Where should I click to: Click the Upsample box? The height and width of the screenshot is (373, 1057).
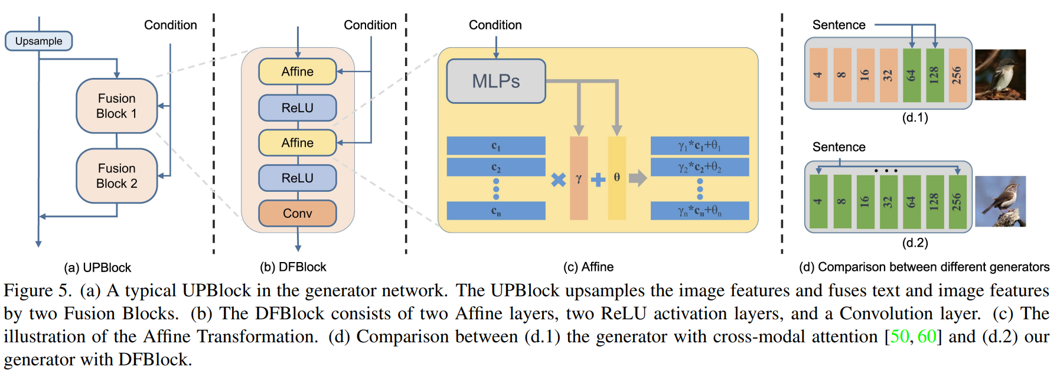38,41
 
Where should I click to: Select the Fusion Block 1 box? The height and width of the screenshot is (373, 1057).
117,106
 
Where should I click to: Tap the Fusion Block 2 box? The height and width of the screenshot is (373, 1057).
117,176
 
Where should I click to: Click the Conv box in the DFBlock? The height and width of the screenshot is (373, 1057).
298,213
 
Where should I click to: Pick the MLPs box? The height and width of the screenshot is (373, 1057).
496,81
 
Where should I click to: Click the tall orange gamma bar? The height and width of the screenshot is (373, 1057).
579,178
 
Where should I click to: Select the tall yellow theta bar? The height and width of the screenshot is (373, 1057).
617,178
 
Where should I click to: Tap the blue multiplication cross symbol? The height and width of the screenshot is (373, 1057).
558,179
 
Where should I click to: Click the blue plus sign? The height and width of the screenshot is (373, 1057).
598,179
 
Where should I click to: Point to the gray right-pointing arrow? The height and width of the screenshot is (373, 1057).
638,178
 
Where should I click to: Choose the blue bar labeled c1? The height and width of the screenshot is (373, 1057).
496,146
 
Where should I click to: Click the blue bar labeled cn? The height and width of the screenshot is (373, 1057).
496,211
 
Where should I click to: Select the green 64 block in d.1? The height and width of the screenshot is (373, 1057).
912,75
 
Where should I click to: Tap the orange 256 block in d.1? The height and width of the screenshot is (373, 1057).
957,75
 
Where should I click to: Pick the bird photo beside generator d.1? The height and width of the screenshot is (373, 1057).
1000,74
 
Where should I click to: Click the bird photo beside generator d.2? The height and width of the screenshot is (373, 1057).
1000,201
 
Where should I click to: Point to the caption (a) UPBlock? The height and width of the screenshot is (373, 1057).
97,267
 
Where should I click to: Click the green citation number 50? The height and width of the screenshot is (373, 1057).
899,336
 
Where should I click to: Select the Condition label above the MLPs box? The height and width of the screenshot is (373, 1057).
495,25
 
